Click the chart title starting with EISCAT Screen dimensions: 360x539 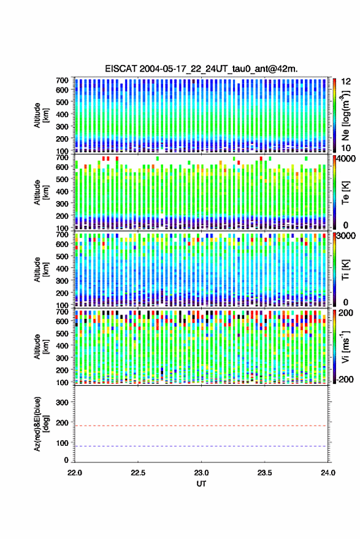tap(202, 69)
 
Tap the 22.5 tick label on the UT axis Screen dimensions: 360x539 tap(138, 473)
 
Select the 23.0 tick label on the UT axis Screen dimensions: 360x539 tap(202, 473)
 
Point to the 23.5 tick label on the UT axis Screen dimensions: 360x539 tap(264, 473)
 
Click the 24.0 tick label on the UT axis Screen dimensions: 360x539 tap(328, 473)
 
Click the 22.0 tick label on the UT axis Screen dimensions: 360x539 tap(75, 473)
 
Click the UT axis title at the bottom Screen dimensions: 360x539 tap(201, 484)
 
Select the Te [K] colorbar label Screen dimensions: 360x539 tap(345, 193)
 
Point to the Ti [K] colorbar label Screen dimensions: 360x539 tap(345, 270)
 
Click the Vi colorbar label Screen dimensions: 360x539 tap(345, 347)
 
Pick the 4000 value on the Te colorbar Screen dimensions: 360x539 tap(347, 159)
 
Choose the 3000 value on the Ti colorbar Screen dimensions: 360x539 tap(347, 236)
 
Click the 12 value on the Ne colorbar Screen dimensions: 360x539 tap(347, 82)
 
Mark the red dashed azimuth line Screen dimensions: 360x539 tap(201, 426)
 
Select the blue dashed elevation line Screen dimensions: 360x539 tap(201, 446)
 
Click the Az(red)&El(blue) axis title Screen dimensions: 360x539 tap(41, 424)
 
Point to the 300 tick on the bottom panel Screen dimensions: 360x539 tap(62, 402)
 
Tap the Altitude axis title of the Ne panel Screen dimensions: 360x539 tap(41, 115)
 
